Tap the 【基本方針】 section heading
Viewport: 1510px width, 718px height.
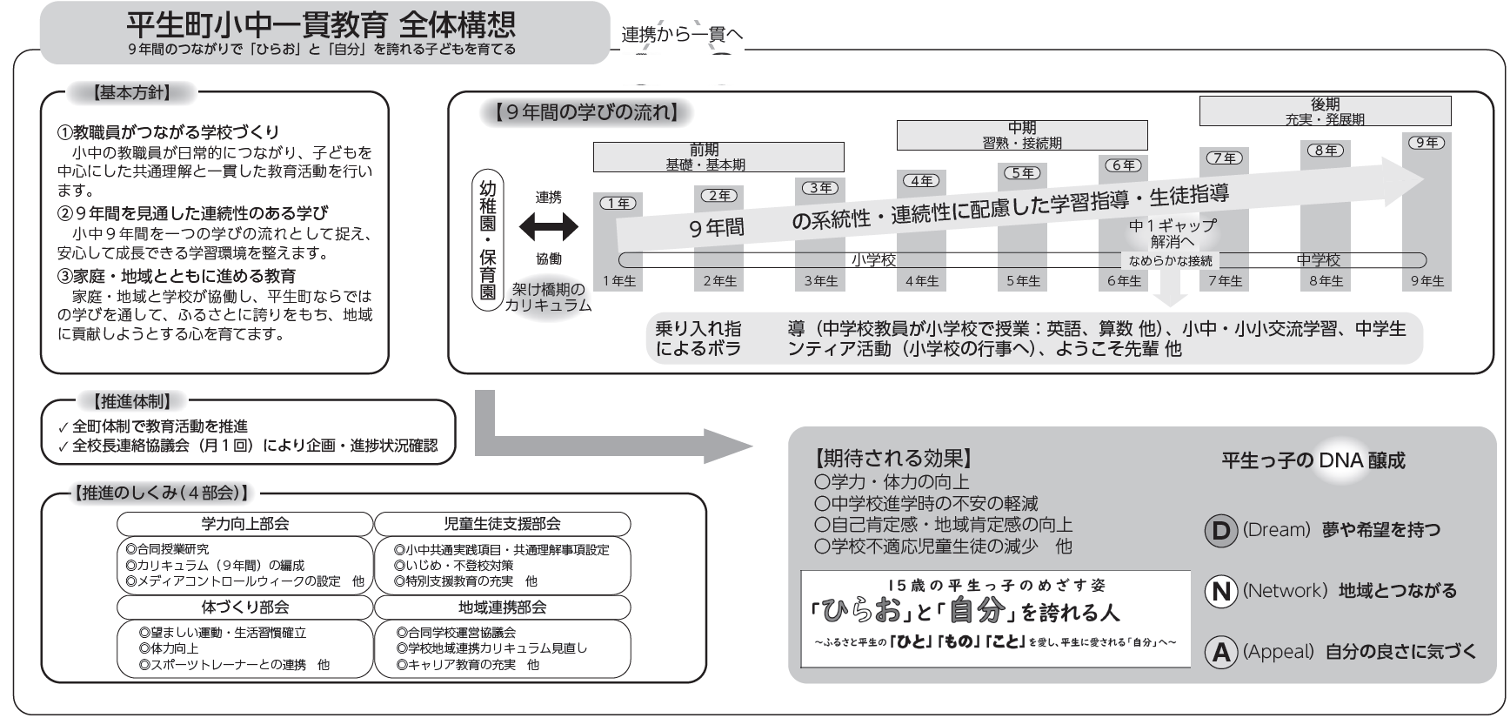(130, 91)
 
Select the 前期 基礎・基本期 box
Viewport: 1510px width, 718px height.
(718, 157)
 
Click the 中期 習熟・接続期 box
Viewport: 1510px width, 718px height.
(1021, 135)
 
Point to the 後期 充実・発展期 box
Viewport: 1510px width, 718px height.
(1325, 111)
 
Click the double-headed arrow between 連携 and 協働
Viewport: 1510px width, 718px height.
(548, 228)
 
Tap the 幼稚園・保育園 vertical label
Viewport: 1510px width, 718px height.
(488, 240)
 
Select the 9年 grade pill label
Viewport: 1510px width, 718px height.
(1426, 143)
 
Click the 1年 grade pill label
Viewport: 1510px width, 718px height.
(618, 203)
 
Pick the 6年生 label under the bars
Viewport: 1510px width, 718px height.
(1124, 281)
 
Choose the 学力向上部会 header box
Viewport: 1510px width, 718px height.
(244, 524)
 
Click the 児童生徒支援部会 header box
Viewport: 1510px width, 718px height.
(502, 524)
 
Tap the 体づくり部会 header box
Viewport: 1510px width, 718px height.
(244, 607)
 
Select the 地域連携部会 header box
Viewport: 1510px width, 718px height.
(502, 607)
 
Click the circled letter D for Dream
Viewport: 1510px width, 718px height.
(1220, 531)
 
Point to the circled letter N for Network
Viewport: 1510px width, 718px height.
(1220, 592)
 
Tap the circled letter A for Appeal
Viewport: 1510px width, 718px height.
(1220, 653)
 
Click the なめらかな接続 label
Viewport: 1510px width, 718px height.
(1170, 260)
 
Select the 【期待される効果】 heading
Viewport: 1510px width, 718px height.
(892, 459)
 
